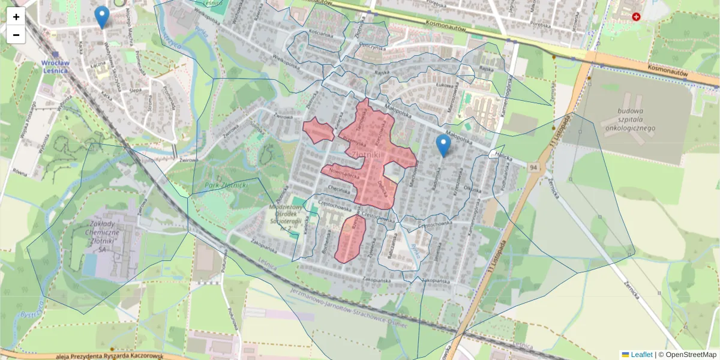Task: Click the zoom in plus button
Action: (16, 17)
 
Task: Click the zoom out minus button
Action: (16, 35)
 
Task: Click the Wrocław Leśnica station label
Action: (55, 66)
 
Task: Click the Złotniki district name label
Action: (368, 155)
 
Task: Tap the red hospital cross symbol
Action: (635, 17)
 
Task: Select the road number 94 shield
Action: (533, 168)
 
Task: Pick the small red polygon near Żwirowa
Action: (318, 130)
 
